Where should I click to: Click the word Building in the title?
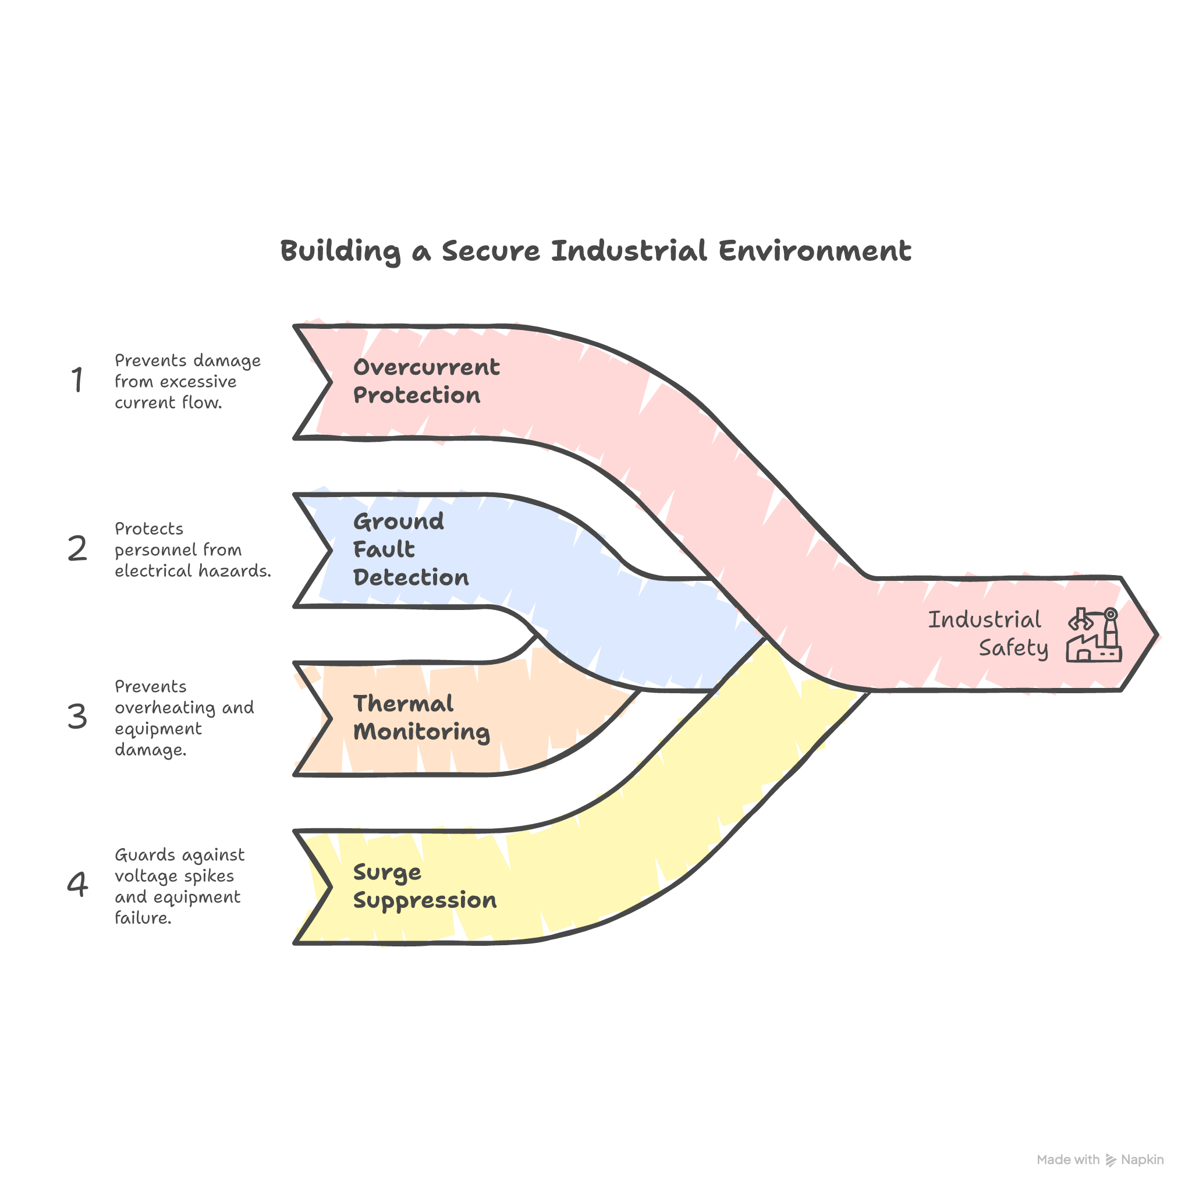(340, 251)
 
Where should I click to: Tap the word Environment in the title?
(814, 250)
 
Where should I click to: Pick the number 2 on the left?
(77, 548)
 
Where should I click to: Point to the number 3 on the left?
(77, 716)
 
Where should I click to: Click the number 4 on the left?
(77, 885)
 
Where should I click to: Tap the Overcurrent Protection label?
(425, 381)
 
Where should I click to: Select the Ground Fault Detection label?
(410, 549)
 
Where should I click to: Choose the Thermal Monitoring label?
(421, 718)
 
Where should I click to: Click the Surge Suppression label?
(424, 886)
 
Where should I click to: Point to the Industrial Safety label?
(987, 634)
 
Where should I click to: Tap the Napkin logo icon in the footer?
(1111, 1160)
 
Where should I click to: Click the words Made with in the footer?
(1068, 1160)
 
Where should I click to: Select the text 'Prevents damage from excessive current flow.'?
(187, 381)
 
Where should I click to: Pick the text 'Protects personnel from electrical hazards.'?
(192, 549)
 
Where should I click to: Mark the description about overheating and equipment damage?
(184, 718)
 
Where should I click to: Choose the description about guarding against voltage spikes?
(179, 886)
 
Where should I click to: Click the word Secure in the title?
(491, 250)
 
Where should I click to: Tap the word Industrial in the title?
(629, 250)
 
